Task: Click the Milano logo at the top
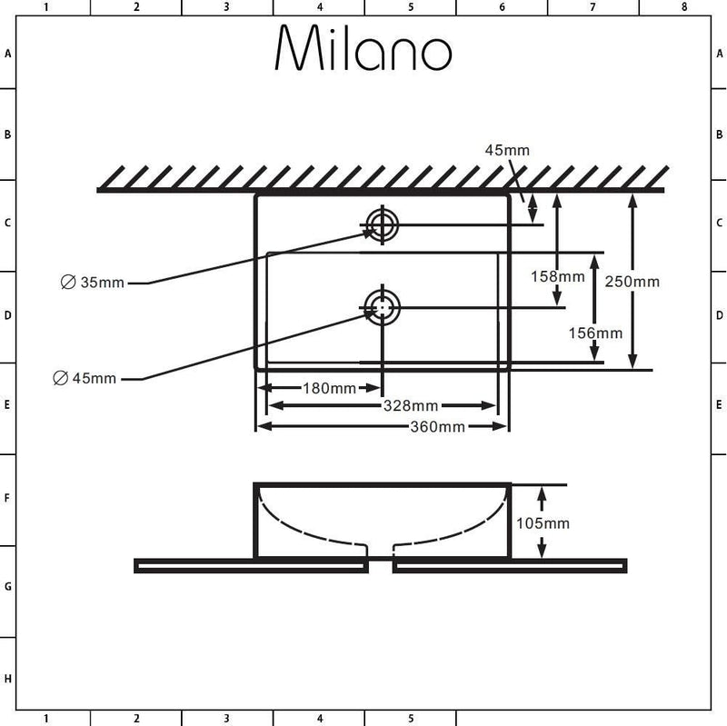click(x=363, y=47)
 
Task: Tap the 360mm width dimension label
click(x=437, y=426)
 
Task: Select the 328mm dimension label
click(x=411, y=406)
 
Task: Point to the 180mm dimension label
click(x=329, y=388)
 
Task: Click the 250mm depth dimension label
click(x=632, y=282)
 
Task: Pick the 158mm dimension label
click(x=558, y=276)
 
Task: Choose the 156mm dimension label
click(x=596, y=333)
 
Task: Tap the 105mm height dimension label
click(x=543, y=523)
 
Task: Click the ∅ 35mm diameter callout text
click(x=93, y=282)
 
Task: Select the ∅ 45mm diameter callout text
click(x=85, y=378)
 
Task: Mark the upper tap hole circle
click(x=382, y=225)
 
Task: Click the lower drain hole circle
click(x=382, y=307)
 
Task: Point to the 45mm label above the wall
click(x=507, y=150)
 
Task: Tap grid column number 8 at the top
click(x=684, y=7)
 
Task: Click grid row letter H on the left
click(x=7, y=679)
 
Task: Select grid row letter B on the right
click(x=719, y=134)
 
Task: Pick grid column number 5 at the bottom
click(x=411, y=719)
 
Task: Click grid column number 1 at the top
click(x=45, y=7)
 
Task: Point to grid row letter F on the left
click(x=7, y=498)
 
